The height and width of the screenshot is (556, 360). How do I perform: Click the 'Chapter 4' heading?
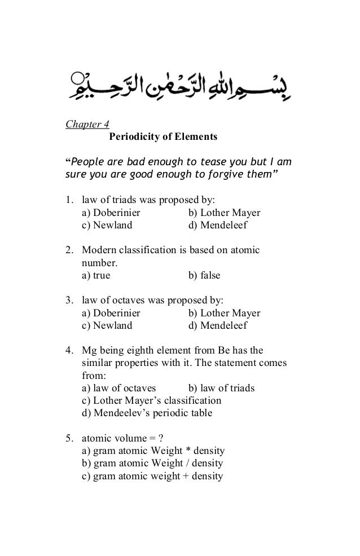pos(87,124)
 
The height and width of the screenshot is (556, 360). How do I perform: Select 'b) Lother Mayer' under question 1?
pos(223,213)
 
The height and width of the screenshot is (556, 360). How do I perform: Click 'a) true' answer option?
pos(96,276)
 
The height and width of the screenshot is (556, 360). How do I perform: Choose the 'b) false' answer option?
pos(204,276)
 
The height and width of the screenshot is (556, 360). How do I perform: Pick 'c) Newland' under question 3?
pos(107,326)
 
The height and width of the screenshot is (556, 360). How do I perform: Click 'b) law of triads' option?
pos(221,388)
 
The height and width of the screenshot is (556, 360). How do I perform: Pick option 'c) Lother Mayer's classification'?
pos(151,400)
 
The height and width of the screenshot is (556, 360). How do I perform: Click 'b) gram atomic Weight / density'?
pos(152,464)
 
